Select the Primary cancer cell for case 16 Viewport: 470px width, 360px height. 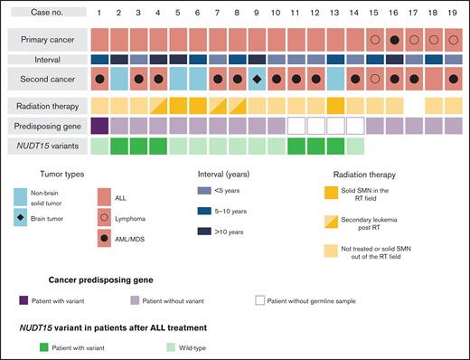point(395,40)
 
